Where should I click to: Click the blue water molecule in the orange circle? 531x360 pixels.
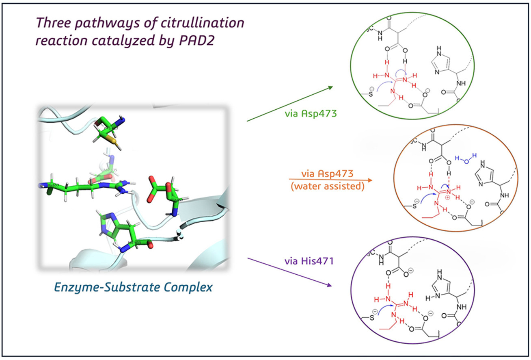click(462, 160)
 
